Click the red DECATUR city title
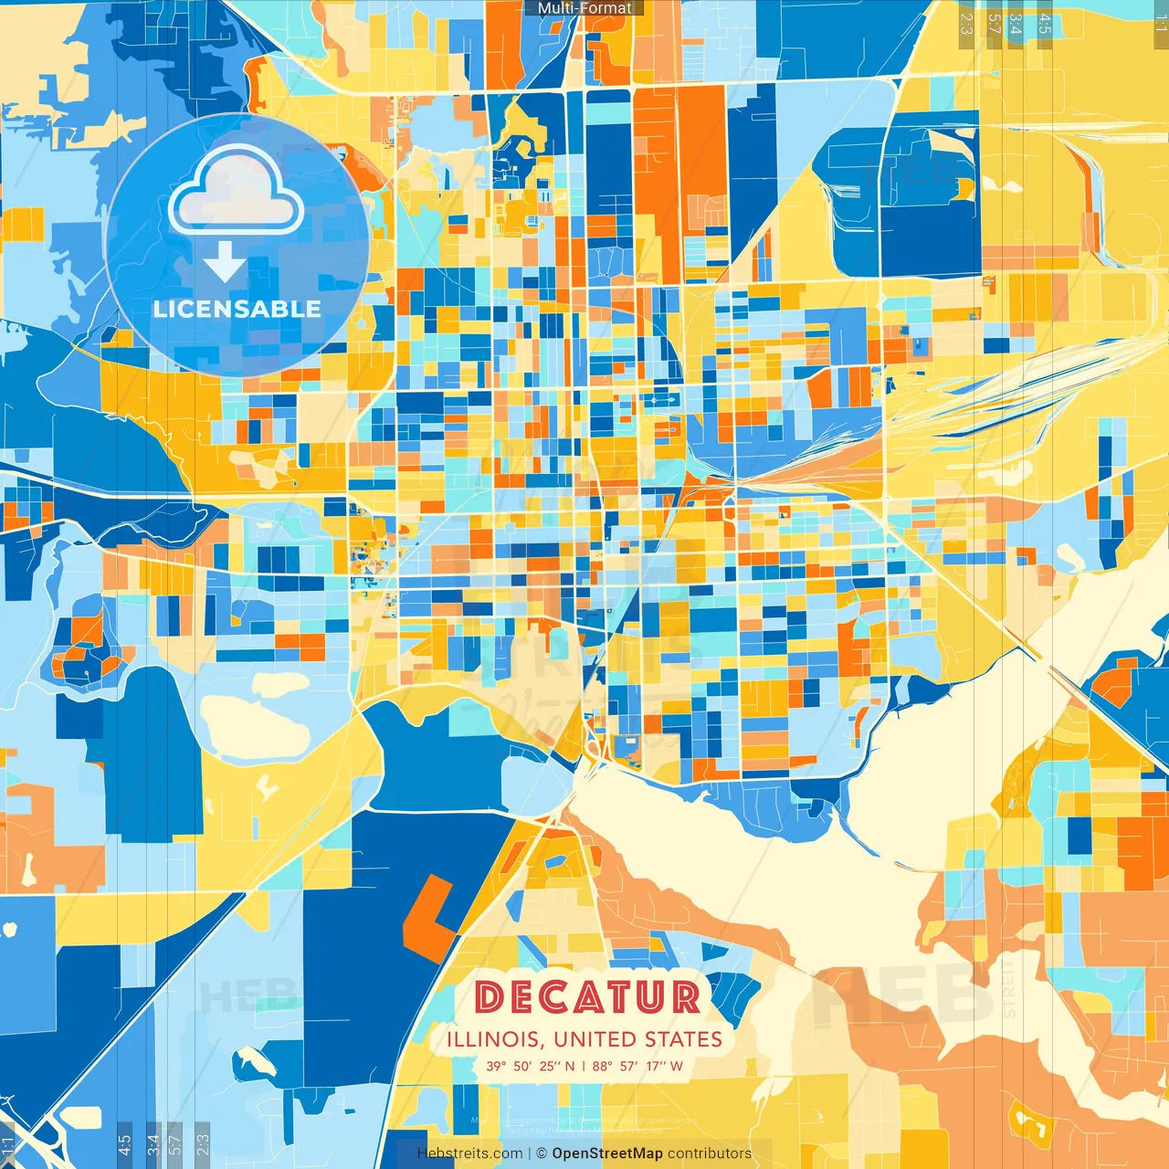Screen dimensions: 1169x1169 point(587,996)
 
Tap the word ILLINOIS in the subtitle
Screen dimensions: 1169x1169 point(494,1039)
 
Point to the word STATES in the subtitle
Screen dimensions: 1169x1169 point(684,1039)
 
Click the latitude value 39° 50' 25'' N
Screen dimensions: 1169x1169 point(531,1066)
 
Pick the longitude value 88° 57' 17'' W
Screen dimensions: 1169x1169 point(637,1066)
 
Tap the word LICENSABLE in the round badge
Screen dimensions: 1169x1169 point(237,309)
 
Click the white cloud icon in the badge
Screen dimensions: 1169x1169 point(237,189)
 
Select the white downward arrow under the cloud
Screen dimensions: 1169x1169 point(225,262)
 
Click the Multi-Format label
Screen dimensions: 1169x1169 point(584,8)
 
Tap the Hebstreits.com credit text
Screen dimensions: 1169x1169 point(469,1153)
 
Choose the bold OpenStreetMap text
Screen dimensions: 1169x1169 point(607,1153)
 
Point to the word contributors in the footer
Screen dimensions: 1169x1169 point(710,1153)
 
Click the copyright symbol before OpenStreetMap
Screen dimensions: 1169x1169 point(542,1153)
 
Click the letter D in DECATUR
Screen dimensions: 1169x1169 point(490,996)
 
